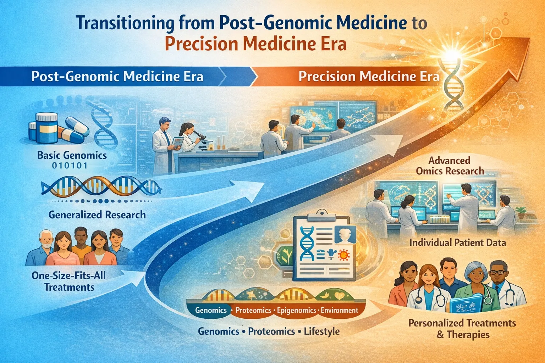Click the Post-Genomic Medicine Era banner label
pyautogui.click(x=117, y=77)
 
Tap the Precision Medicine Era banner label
pyautogui.click(x=369, y=77)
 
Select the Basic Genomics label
pyautogui.click(x=72, y=155)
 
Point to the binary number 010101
pyautogui.click(x=70, y=166)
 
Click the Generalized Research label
pyautogui.click(x=97, y=214)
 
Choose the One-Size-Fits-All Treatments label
pyautogui.click(x=69, y=281)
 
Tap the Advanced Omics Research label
pyautogui.click(x=450, y=166)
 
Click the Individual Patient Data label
pyautogui.click(x=457, y=243)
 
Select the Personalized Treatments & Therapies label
pyautogui.click(x=462, y=329)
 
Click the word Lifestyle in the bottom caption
pyautogui.click(x=321, y=331)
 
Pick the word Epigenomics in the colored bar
pyautogui.click(x=296, y=311)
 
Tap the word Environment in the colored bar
pyautogui.click(x=340, y=311)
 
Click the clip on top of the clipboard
pyautogui.click(x=321, y=214)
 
